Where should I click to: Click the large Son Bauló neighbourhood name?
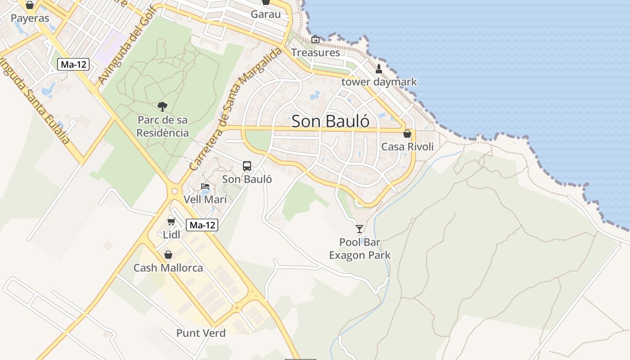point(331,121)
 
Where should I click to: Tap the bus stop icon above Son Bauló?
point(247,166)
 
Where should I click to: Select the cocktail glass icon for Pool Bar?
point(360,229)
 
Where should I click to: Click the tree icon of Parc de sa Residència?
point(162,107)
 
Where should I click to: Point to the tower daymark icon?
point(379,69)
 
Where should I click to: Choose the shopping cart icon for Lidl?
point(171,221)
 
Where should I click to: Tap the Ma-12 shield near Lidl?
point(202,225)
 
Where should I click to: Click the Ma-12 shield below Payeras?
point(73,64)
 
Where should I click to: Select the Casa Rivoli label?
point(407,147)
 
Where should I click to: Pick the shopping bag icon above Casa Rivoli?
point(407,134)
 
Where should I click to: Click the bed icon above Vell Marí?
point(205,186)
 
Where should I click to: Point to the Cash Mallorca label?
point(168,268)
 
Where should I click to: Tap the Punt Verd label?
point(201,333)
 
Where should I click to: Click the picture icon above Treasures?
point(315,39)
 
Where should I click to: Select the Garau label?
point(265,14)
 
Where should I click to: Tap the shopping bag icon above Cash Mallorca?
point(168,255)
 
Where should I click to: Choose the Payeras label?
point(30,18)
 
